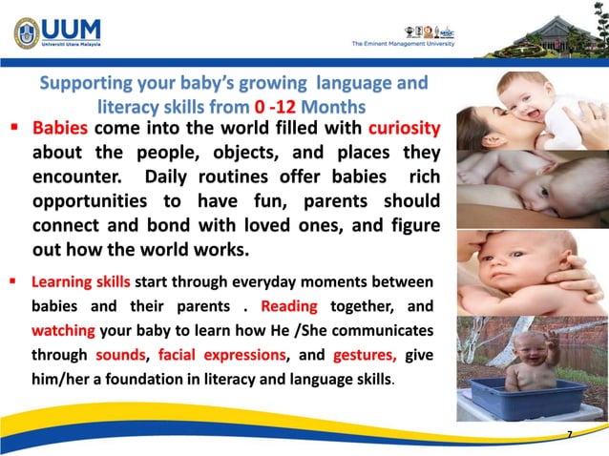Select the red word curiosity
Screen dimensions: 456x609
(404, 128)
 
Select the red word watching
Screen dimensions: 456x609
(63, 331)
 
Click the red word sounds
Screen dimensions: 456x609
(120, 356)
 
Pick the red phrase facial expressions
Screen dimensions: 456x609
(220, 356)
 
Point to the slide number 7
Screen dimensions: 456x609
(570, 435)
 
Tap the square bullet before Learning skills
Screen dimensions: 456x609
(16, 282)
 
